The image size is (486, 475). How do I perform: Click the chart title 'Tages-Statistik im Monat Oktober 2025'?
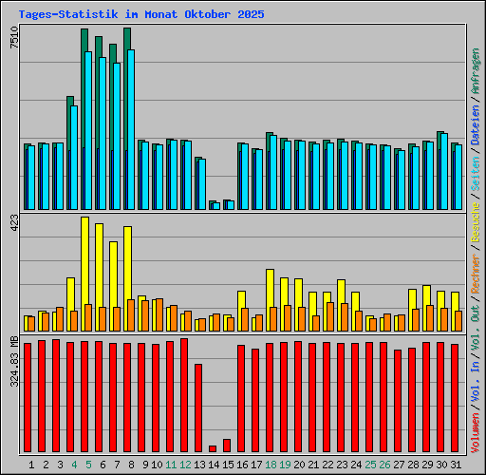[x=141, y=15]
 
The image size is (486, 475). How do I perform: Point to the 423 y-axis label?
[x=13, y=224]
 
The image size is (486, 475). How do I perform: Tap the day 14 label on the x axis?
[x=214, y=465]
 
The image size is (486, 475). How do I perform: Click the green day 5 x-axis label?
[x=88, y=465]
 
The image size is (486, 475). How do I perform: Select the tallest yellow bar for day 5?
[x=84, y=261]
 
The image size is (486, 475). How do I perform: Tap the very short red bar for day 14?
[x=213, y=448]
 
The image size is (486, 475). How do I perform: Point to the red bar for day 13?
[x=198, y=408]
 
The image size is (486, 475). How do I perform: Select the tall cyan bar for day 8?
[x=131, y=129]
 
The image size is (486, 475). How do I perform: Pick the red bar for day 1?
[x=28, y=397]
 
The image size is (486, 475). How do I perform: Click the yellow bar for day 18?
[x=270, y=289]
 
